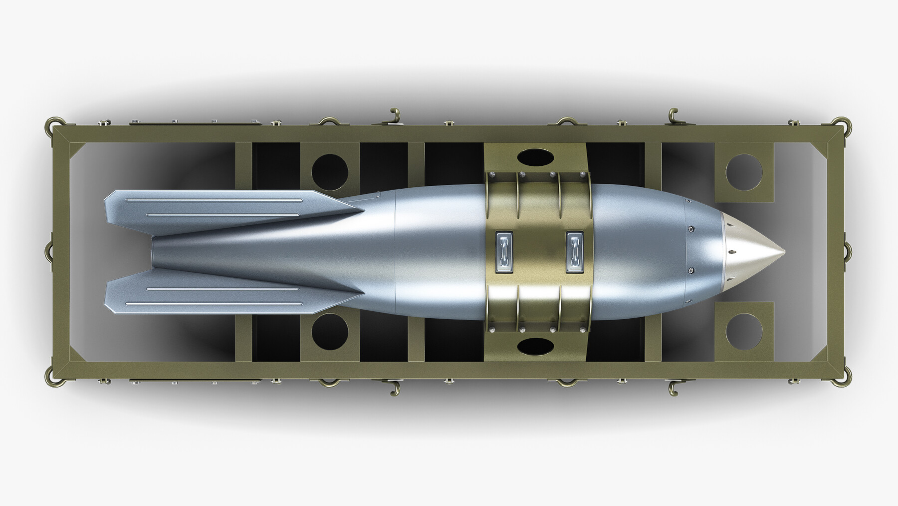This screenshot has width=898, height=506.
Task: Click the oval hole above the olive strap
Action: [535, 157]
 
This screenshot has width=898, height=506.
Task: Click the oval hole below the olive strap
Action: [535, 345]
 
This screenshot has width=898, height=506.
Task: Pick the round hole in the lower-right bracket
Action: [744, 331]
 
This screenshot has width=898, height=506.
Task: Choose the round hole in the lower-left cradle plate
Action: [330, 331]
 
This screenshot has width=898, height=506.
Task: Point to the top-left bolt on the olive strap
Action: [492, 174]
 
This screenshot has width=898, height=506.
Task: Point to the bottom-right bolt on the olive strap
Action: [582, 329]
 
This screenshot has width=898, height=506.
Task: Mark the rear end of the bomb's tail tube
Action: [153, 252]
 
